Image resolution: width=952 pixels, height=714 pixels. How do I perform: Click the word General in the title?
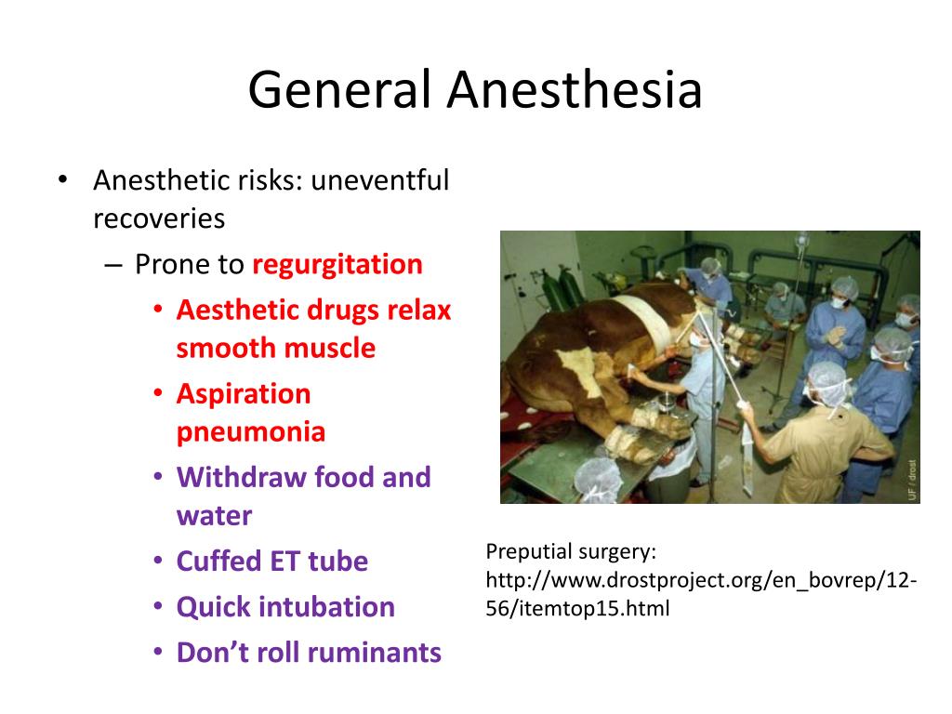click(338, 91)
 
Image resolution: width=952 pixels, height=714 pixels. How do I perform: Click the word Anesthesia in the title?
click(574, 91)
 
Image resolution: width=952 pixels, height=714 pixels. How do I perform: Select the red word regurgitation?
click(337, 265)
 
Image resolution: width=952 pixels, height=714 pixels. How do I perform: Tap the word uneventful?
click(379, 179)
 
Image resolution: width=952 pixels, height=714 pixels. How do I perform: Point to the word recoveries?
click(159, 218)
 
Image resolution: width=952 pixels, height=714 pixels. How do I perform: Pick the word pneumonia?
click(251, 432)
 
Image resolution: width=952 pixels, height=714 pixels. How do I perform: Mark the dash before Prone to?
click(112, 265)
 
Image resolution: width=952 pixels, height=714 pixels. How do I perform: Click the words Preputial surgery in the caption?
click(571, 552)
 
